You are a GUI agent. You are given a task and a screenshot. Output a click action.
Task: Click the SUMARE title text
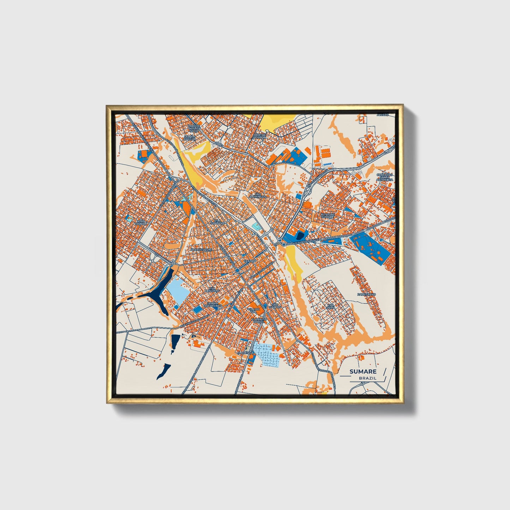[x=363, y=371]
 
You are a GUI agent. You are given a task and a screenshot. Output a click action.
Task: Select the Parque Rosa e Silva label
[x=194, y=128]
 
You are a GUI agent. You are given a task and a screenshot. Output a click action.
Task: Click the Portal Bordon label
[x=259, y=136]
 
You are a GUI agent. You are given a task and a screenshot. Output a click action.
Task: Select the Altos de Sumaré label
[x=327, y=215]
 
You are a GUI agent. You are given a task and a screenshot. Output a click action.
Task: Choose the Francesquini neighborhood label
[x=201, y=250]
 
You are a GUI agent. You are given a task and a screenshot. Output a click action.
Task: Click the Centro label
[x=250, y=261]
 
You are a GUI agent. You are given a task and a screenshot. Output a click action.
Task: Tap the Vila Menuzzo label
[x=214, y=289]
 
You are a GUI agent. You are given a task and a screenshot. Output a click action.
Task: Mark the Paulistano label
[x=366, y=294]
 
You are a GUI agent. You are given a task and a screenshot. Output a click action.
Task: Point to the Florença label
[x=246, y=353]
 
